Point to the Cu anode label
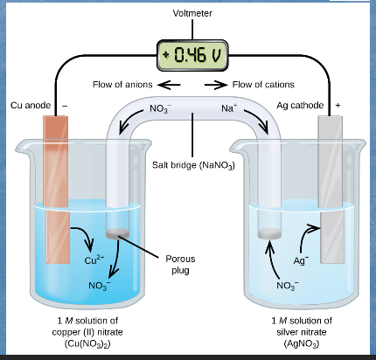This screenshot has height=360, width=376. (x=30, y=106)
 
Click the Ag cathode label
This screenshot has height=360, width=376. (x=300, y=106)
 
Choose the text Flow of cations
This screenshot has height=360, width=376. (x=262, y=85)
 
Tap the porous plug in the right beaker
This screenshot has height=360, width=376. (x=269, y=233)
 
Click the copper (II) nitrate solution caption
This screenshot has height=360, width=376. (x=87, y=332)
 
